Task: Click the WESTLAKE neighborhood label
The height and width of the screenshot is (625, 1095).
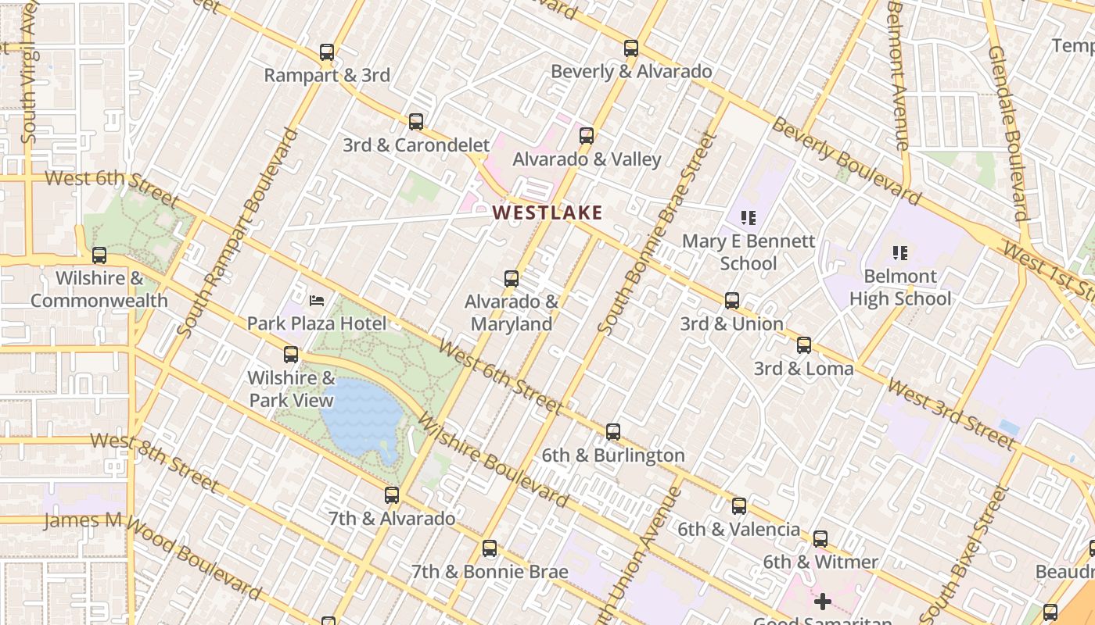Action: [547, 212]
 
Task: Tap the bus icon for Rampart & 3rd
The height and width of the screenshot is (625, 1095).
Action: [327, 53]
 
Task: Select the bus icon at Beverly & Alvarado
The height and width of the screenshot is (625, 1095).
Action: [631, 48]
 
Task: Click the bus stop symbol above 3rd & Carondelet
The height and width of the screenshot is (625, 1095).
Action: [416, 122]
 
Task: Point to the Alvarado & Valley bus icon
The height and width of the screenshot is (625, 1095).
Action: [587, 136]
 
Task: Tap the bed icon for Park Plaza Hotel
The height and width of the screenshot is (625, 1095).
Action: [317, 300]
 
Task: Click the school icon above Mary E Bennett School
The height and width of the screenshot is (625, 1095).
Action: [748, 218]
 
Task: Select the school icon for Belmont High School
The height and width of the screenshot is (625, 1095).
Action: [900, 253]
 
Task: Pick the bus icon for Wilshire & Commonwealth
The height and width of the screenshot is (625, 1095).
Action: [99, 255]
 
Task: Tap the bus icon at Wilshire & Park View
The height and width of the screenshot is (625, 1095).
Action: [291, 355]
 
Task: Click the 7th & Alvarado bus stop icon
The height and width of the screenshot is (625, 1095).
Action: [392, 495]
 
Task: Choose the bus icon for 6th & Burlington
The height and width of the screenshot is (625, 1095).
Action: [613, 432]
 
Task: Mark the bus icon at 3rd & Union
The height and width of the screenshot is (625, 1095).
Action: [732, 301]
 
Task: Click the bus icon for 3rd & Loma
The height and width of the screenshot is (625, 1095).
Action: [804, 345]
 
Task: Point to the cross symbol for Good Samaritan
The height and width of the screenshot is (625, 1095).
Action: [822, 602]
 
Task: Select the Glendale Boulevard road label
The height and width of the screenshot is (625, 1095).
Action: [1007, 133]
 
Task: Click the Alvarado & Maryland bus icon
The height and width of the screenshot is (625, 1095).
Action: [512, 279]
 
